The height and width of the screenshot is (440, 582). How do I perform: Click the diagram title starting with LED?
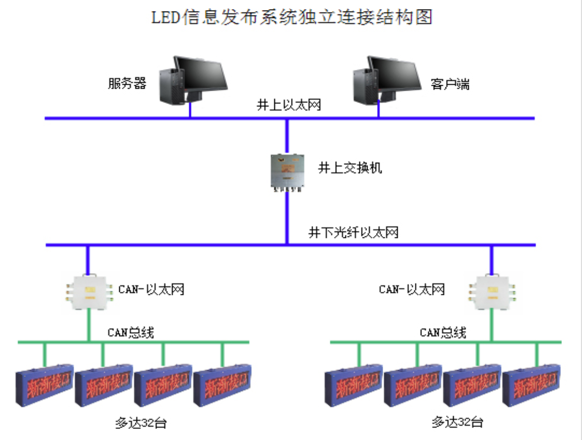coord(292,17)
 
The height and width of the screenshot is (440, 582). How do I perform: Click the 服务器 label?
coord(127,83)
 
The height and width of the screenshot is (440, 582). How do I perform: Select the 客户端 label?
coord(450,84)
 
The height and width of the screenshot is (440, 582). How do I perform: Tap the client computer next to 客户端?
coord(386,80)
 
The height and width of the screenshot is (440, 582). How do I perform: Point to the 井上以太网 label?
coord(288,105)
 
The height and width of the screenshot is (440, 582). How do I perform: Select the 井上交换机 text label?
coord(349,168)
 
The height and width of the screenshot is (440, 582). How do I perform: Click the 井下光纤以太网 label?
coord(353,232)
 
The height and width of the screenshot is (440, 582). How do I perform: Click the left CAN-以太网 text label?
coord(151,289)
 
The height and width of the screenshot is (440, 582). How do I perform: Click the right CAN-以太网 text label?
coord(412,289)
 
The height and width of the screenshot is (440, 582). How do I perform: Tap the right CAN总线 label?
coord(443,332)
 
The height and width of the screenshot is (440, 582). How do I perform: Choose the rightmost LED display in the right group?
coord(532,386)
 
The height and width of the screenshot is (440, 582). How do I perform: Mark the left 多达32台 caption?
coord(140,423)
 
